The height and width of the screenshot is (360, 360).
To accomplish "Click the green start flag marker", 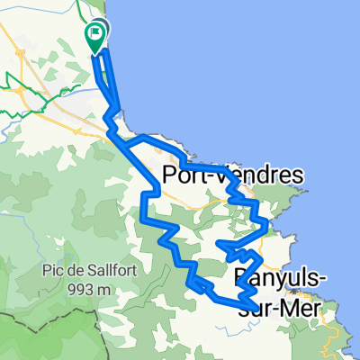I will tap(95, 37).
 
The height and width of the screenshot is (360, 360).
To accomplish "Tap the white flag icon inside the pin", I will tap(95, 33).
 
